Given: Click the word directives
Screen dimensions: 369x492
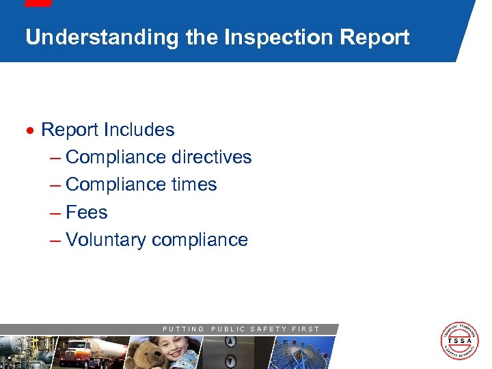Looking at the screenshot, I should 212,157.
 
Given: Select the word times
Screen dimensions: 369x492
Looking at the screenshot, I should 195,184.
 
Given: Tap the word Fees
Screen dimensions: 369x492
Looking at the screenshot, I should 87,213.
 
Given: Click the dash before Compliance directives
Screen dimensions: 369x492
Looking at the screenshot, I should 55,158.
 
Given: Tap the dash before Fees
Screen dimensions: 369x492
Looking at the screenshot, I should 55,213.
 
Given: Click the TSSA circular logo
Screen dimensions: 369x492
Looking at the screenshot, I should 460,340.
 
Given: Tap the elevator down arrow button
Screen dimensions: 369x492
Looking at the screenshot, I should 230,360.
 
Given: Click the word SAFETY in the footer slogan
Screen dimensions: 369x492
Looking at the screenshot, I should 269,329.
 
